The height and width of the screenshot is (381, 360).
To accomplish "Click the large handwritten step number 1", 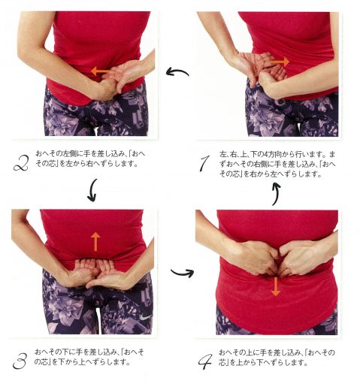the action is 204,163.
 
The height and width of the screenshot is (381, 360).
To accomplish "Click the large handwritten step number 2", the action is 21,163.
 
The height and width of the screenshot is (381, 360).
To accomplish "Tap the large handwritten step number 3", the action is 20,361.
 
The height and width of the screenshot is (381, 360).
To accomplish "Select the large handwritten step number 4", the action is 205,361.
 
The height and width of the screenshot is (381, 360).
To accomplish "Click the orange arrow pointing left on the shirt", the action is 101,71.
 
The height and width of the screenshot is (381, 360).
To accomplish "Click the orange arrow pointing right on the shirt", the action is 280,62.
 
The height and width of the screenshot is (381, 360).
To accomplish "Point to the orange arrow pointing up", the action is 95,242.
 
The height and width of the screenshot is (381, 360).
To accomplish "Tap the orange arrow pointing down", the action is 276,286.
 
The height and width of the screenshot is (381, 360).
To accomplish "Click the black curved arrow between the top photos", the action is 177,71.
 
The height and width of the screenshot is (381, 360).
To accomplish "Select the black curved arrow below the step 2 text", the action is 92,190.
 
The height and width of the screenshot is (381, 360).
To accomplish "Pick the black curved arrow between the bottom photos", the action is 183,273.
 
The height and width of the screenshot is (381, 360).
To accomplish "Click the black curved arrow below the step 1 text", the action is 276,194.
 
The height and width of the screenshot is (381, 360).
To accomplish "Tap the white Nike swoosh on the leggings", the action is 146,317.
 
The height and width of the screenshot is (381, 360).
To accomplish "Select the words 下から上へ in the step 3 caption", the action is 70,362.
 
